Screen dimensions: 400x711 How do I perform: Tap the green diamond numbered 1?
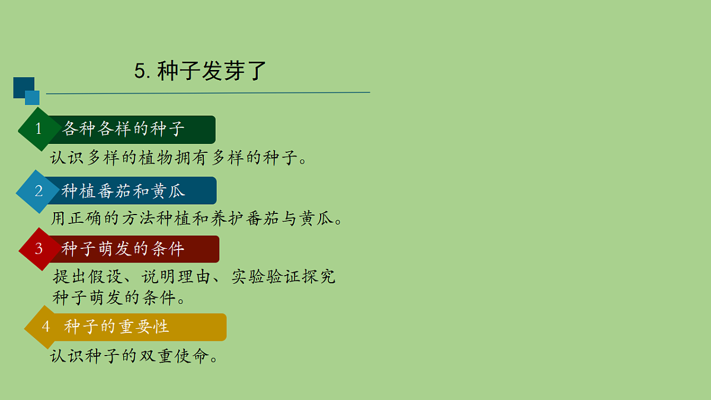(39, 129)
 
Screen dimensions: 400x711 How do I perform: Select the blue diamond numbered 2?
(39, 191)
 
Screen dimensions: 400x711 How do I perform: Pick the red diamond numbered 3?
(39, 249)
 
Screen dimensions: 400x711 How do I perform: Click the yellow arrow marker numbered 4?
(45, 327)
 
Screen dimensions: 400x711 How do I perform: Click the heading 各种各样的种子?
(123, 129)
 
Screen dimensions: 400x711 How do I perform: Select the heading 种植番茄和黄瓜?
(123, 191)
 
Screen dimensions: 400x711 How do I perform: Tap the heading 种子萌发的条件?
(123, 249)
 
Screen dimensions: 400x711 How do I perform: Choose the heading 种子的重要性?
(117, 327)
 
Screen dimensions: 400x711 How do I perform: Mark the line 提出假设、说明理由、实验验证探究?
(194, 277)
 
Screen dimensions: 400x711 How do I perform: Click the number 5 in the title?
(141, 72)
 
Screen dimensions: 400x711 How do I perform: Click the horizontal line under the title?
(207, 93)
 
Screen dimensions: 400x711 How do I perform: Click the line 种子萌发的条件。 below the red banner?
(119, 297)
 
